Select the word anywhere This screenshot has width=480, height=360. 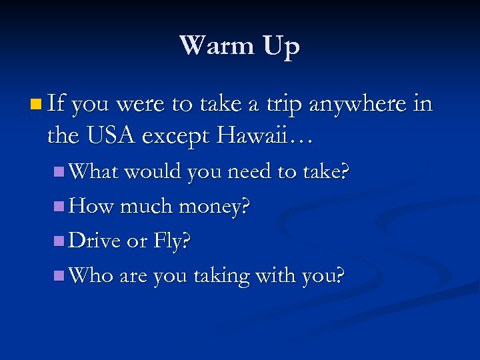pos(361,104)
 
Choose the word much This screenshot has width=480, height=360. pos(143,206)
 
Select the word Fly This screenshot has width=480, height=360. pos(174,241)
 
